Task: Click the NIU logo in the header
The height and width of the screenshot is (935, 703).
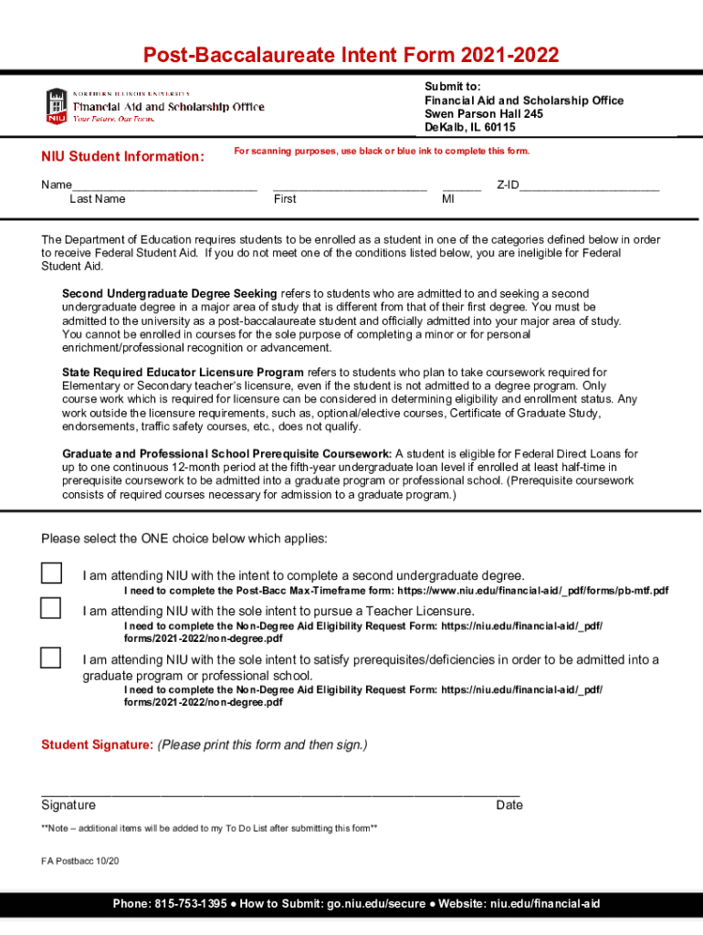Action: click(x=57, y=106)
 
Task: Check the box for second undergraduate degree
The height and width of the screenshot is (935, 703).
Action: click(x=51, y=573)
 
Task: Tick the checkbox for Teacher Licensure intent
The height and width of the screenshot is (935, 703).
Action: click(x=51, y=608)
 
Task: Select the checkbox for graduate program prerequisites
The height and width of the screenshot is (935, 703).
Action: click(x=51, y=657)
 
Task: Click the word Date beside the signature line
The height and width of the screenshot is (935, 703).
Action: click(x=509, y=805)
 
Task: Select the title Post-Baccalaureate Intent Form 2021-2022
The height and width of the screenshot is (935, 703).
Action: click(x=351, y=56)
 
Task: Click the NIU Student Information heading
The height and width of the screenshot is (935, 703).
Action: click(x=122, y=156)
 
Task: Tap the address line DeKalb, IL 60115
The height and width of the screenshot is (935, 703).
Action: click(x=470, y=128)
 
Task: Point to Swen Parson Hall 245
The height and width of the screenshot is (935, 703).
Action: click(x=484, y=114)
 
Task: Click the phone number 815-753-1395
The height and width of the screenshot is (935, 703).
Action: click(x=190, y=904)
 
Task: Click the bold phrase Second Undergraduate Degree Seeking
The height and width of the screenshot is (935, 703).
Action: click(x=169, y=294)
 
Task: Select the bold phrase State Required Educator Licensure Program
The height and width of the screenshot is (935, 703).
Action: click(x=183, y=373)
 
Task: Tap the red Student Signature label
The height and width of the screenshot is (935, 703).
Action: click(x=97, y=745)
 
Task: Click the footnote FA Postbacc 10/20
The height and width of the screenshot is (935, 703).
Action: click(x=80, y=861)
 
